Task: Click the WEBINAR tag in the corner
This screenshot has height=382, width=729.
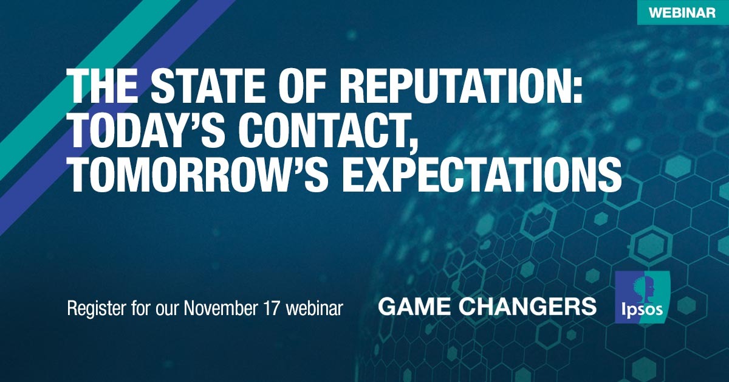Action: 683,12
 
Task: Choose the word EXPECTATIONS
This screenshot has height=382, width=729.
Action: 482,176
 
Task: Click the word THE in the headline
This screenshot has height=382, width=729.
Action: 103,88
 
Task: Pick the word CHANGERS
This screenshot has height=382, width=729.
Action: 529,307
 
